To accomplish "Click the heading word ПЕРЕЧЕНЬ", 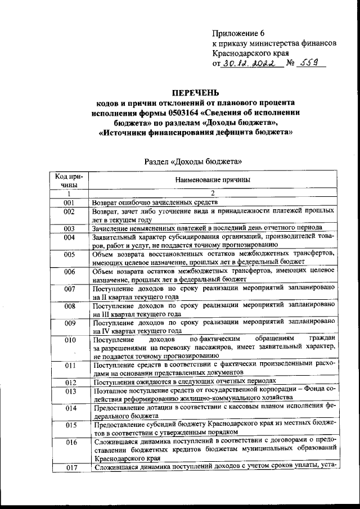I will (195, 93).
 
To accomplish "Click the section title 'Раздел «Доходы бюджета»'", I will (194, 161).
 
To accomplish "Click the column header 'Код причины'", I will (69, 180).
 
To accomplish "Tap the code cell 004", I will (70, 237).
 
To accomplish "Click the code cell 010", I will (70, 340).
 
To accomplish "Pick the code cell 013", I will (70, 391).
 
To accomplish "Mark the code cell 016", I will (70, 442).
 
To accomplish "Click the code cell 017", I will (70, 467).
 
